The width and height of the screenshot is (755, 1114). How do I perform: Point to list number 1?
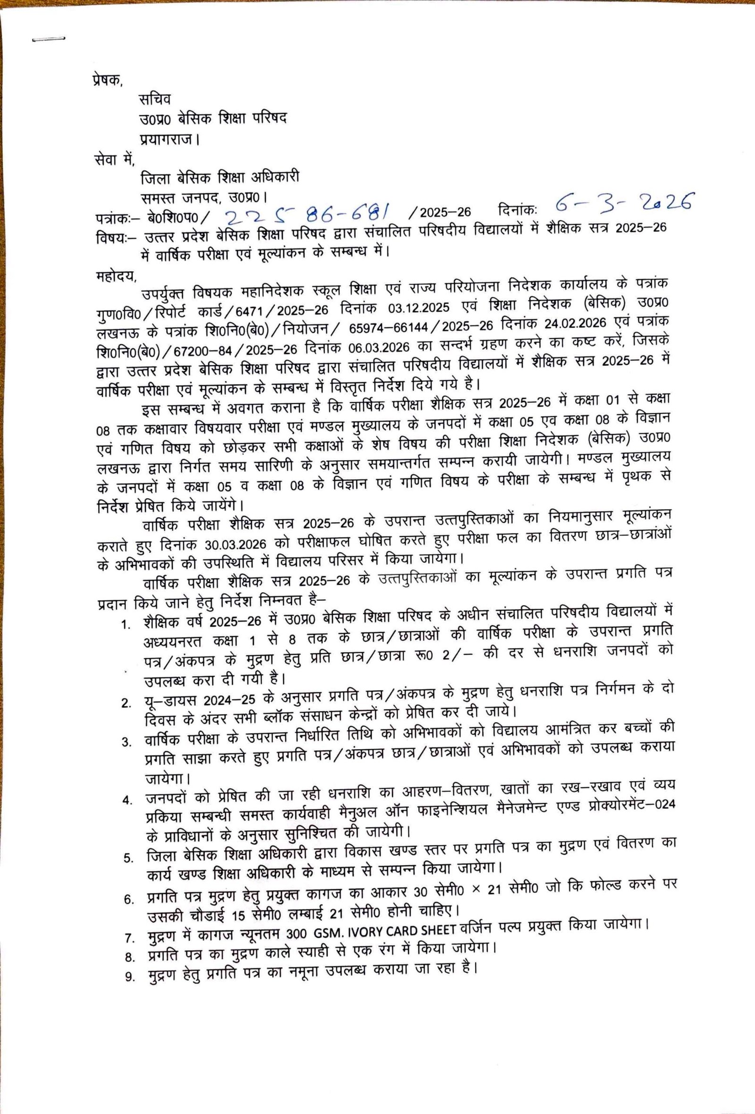pos(126,626)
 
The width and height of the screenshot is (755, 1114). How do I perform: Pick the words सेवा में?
pos(115,158)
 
